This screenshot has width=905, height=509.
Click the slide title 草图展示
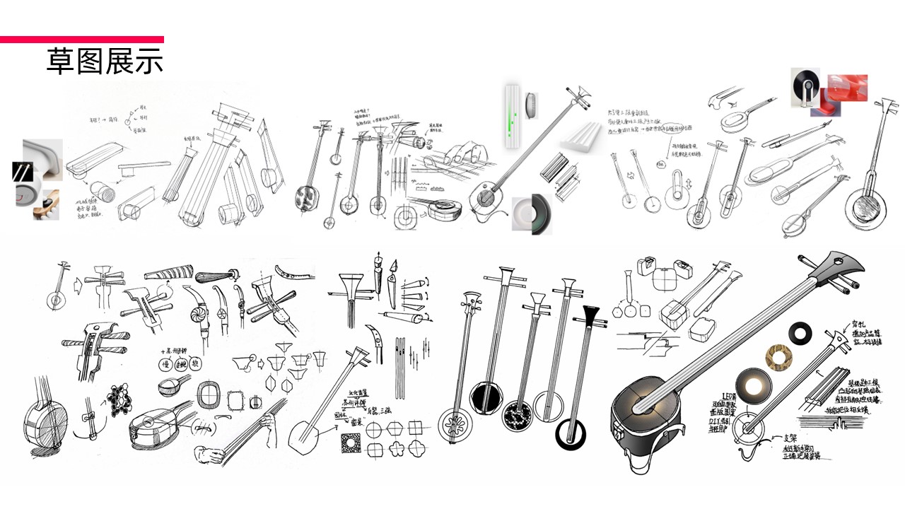tap(105, 62)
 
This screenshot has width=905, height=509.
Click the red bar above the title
tap(81, 40)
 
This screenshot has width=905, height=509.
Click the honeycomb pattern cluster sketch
tap(122, 401)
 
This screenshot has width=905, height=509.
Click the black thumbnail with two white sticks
tap(23, 172)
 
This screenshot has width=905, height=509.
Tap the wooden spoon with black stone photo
tap(48, 204)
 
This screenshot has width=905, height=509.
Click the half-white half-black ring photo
tap(530, 214)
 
